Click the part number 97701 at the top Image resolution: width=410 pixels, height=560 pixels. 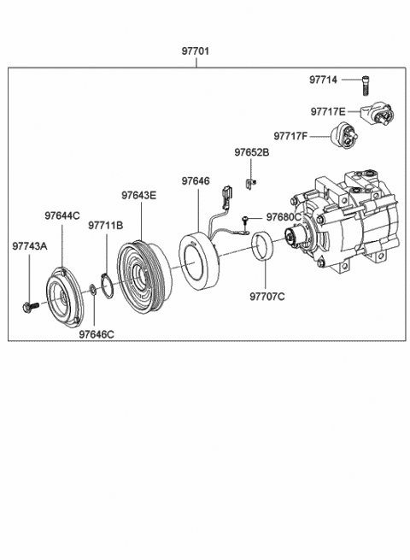tap(196, 51)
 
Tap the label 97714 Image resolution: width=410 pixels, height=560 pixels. tap(323, 80)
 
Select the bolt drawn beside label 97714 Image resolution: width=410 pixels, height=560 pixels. tap(365, 85)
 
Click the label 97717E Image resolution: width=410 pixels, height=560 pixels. tap(328, 112)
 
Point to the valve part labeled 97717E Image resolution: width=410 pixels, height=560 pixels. tap(378, 114)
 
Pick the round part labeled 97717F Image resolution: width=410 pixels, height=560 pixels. tap(343, 136)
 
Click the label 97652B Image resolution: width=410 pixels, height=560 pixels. tap(252, 152)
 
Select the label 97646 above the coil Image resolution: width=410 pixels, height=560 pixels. tap(196, 180)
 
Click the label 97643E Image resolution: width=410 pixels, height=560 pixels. tap(139, 195)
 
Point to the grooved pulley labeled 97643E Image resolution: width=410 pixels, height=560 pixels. tap(143, 278)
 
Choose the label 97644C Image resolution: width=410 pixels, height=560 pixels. tap(62, 215)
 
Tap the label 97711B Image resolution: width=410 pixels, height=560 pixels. tap(106, 226)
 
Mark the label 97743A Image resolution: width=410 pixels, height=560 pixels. tap(30, 246)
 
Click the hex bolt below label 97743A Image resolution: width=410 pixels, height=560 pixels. tap(31, 306)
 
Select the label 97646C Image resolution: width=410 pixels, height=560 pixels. tap(97, 334)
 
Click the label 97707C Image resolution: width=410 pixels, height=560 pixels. tap(267, 297)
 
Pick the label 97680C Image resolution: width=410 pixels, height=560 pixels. tap(284, 217)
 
